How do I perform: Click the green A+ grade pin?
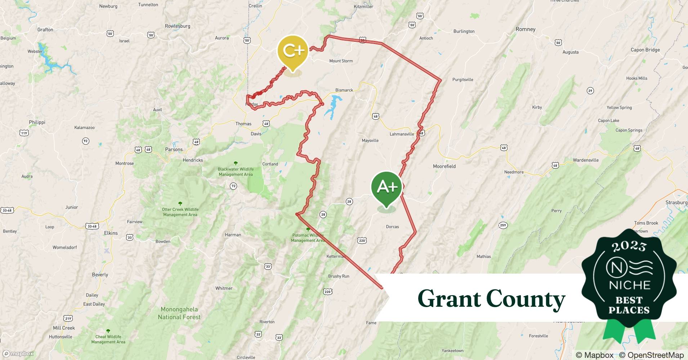[x=387, y=187]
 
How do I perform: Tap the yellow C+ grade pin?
[x=293, y=51]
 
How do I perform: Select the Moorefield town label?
[x=444, y=166]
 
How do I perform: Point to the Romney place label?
[x=525, y=29]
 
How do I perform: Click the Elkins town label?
[x=111, y=233]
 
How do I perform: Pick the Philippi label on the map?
[x=37, y=122]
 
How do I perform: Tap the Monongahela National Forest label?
[x=179, y=313]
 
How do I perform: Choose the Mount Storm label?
[x=341, y=61]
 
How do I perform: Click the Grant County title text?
[x=491, y=299]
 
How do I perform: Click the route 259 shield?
[x=503, y=225]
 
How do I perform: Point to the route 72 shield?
[x=233, y=186]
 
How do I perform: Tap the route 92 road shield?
[x=85, y=141]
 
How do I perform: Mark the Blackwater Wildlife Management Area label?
[x=236, y=172]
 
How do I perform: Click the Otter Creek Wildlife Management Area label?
[x=180, y=212]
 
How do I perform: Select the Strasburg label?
[x=676, y=202]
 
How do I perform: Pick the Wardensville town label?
[x=586, y=160]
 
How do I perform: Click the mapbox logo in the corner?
[x=18, y=354]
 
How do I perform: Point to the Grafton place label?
[x=45, y=30]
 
